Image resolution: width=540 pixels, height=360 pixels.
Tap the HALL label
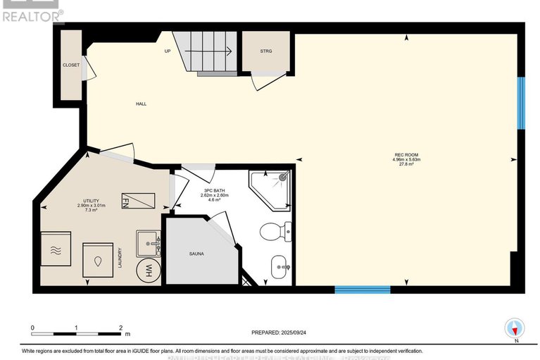coord(141,104)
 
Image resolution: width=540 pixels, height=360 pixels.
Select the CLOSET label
coord(71,65)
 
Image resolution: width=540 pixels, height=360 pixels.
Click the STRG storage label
coord(265,51)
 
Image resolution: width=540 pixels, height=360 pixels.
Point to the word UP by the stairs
coord(168,51)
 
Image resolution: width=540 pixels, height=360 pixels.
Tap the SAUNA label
coord(196,253)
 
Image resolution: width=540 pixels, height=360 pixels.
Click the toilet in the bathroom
coord(274,231)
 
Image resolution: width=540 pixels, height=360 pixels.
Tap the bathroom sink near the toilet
coord(280,267)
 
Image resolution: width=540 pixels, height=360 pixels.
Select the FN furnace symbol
coord(137,202)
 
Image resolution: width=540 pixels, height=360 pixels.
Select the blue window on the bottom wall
coord(362,289)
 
